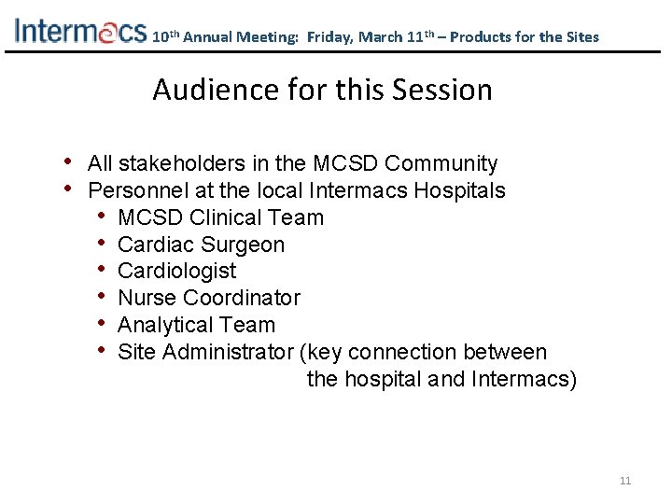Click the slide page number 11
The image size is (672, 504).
(x=625, y=481)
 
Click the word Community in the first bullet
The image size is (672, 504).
(x=441, y=164)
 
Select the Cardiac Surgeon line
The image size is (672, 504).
(x=202, y=245)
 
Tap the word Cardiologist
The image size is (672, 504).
(x=177, y=272)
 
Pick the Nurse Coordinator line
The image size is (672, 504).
(x=209, y=299)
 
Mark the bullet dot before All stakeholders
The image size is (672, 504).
(x=71, y=163)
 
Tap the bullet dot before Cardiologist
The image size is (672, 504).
(x=102, y=271)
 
